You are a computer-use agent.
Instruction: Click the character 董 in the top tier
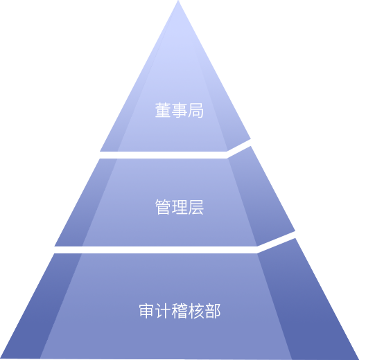[x=163, y=110]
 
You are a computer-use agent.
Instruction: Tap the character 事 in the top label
[x=180, y=110]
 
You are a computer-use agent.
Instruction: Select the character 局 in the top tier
[x=195, y=110]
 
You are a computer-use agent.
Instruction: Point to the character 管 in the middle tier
[x=163, y=207]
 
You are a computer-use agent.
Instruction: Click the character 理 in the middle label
[x=180, y=207]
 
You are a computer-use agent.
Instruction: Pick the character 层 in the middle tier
[x=195, y=207]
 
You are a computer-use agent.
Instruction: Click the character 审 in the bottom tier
[x=147, y=311]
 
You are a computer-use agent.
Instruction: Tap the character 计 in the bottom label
[x=164, y=311]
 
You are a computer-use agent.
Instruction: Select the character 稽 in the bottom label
[x=180, y=311]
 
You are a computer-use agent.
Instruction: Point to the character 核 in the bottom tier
[x=196, y=311]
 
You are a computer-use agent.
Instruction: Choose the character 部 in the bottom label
[x=212, y=311]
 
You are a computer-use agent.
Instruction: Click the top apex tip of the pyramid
[x=178, y=1]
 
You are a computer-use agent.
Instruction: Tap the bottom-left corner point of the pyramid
[x=1, y=358]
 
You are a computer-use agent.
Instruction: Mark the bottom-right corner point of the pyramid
[x=359, y=359]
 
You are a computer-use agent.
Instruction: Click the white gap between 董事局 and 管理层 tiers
[x=164, y=155]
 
